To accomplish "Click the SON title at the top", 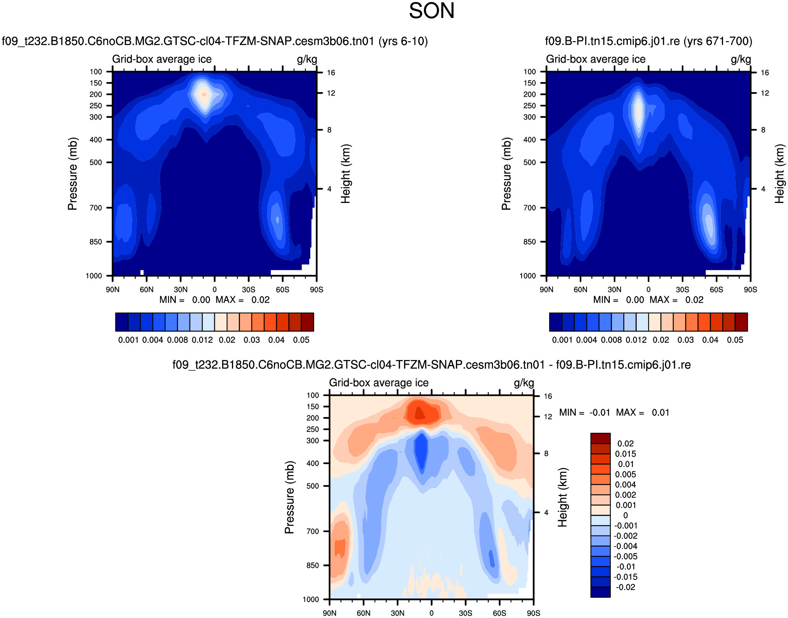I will pos(431,11).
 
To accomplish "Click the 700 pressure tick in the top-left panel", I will pos(96,208).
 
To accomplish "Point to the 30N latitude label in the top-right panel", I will pos(614,290).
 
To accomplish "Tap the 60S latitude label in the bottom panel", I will pos(499,613).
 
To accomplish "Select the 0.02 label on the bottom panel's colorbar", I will pos(626,443).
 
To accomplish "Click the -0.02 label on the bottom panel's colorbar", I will pos(626,587).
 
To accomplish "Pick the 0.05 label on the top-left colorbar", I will pos(301,340).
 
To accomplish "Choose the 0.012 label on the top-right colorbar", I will pos(636,340).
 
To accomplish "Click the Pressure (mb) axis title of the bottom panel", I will pos(289,497).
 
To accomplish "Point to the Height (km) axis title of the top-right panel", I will pos(779,174).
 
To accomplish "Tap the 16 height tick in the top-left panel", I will pos(331,73).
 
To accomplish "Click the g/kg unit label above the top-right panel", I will pos(741,59).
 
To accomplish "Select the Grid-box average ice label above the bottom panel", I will pos(379,383).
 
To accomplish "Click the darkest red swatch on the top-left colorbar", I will pos(308,322).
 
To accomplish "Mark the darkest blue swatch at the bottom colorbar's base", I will pos(600,592).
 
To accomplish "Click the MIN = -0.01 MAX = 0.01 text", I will pos(614,412).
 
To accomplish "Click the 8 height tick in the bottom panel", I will pos(546,454).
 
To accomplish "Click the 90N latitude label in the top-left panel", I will pos(112,290).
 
